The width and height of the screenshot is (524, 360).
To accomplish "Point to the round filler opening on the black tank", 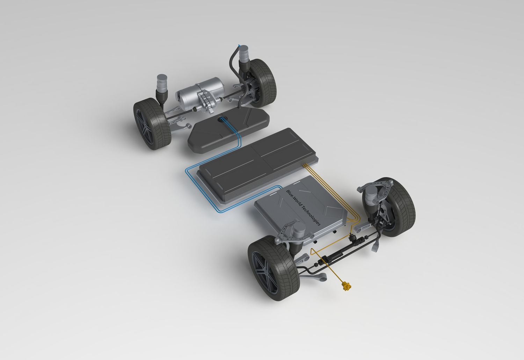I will pyautogui.click(x=223, y=120).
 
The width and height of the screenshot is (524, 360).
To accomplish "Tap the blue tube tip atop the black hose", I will pyautogui.click(x=239, y=45).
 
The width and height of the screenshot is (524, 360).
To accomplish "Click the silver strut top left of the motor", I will pyautogui.click(x=162, y=84).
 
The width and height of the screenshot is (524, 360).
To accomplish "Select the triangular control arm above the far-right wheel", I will pyautogui.click(x=377, y=189).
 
